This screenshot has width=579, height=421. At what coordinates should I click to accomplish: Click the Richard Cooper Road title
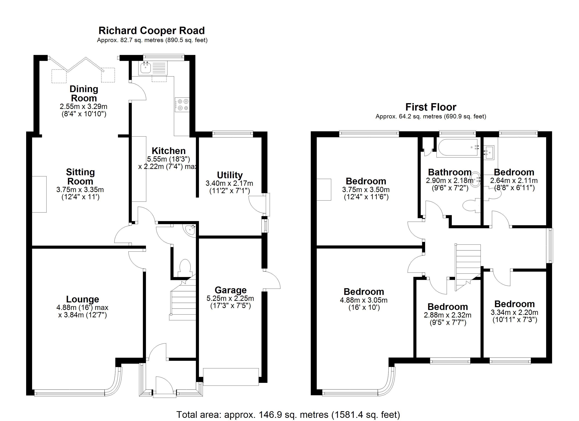click(x=152, y=31)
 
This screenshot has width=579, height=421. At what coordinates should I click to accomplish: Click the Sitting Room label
click(x=80, y=177)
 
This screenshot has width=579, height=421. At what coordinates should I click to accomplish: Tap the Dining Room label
click(x=84, y=93)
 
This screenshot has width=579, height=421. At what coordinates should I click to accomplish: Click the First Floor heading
click(x=431, y=107)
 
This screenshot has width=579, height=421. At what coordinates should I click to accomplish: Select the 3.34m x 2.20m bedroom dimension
click(x=514, y=312)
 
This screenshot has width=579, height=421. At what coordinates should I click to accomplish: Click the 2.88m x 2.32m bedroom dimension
click(x=448, y=315)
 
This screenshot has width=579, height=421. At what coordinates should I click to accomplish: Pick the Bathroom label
click(x=450, y=172)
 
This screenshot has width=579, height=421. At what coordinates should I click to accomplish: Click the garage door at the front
click(x=231, y=377)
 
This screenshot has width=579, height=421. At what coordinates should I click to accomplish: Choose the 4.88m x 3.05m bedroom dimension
click(x=364, y=300)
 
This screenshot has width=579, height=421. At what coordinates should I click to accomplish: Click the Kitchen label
click(x=168, y=151)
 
